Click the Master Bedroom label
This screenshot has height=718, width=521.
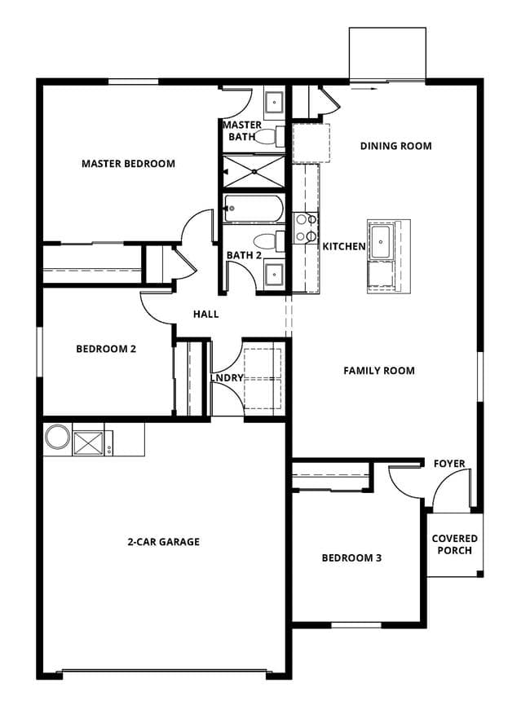coord(128,164)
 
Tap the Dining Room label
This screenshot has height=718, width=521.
coord(396,146)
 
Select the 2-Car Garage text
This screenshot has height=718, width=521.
coord(164,542)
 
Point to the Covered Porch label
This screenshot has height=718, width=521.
coord(455,544)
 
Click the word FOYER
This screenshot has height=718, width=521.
coord(449,464)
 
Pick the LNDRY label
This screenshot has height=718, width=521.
coord(227,378)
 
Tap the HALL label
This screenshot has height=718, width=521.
coord(205,314)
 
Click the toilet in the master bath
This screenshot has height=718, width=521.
coord(269,136)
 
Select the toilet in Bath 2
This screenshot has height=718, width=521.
coord(269,241)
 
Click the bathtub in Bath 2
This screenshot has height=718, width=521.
coord(254,209)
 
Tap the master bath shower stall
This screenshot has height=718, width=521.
coord(254,172)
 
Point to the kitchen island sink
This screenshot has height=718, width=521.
coord(381,241)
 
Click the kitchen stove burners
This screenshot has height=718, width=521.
coord(306,227)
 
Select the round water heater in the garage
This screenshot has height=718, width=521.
coord(57,436)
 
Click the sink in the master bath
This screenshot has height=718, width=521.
coord(275,104)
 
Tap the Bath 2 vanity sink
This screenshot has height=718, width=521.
coord(274,274)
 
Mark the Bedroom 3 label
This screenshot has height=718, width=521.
coord(352,557)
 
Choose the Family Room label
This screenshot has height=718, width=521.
coord(379,371)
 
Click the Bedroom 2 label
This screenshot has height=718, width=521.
coord(106,349)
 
